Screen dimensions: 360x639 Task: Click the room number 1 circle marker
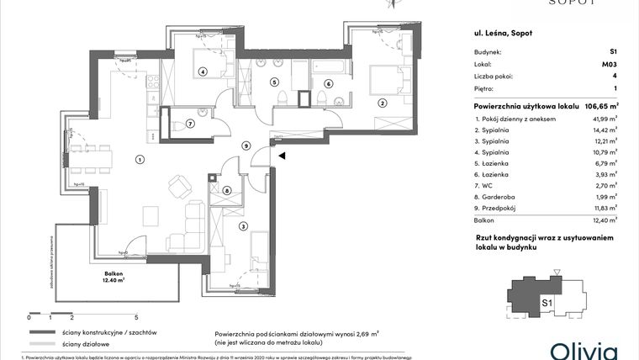click(140, 158)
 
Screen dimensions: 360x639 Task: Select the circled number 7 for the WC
click(190, 124)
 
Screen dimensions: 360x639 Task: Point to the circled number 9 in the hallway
click(245, 146)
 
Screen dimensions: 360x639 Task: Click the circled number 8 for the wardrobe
click(227, 190)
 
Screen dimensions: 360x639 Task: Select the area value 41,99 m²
click(605, 119)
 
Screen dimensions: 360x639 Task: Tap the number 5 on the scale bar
click(135, 318)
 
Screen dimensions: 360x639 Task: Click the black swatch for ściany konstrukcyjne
click(40, 333)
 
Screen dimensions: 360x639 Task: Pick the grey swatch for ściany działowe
click(40, 345)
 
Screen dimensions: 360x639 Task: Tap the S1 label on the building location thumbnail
click(546, 303)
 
